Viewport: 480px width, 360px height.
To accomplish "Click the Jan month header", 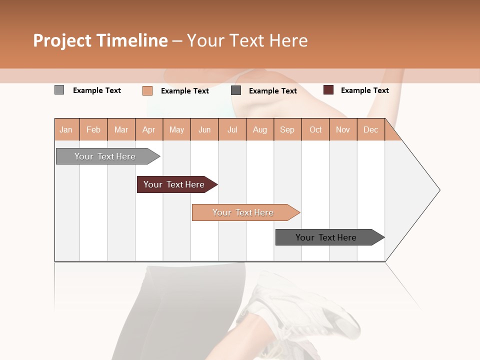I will point(66,129).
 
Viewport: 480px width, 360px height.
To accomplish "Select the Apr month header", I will point(148,129).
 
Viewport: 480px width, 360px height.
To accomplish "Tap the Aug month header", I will point(259,129).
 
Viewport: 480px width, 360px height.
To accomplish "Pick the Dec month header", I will point(370,129).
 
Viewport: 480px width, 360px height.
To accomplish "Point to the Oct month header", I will point(315,129).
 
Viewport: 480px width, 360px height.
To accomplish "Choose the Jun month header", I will point(204,129).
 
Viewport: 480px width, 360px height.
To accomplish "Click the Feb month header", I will point(93,129).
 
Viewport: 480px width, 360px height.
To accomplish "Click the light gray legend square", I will point(59,90).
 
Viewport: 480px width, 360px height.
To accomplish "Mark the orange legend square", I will point(147,90).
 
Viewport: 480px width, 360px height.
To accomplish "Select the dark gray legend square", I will point(236,90).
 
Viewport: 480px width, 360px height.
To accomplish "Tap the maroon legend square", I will point(328,90).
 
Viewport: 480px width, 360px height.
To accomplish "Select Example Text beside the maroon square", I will point(364,90).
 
